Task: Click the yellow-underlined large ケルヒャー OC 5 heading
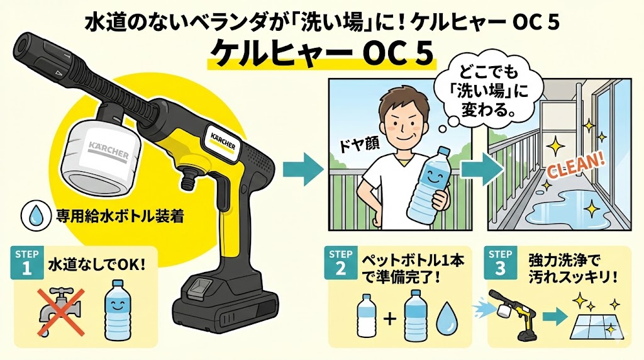tap(321, 54)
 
